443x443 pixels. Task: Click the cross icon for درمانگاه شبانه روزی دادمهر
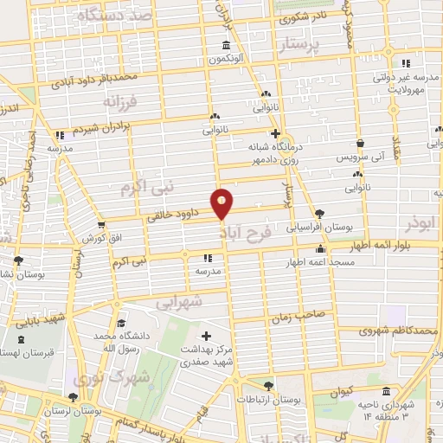point(275,134)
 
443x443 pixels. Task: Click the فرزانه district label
point(120,102)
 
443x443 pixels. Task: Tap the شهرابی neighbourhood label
point(180,303)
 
